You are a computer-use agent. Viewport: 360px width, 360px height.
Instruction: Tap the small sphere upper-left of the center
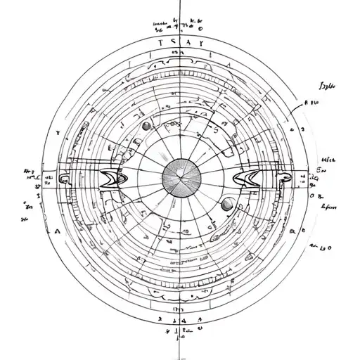tap(146, 126)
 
